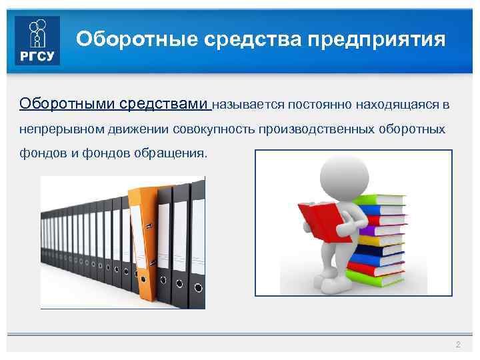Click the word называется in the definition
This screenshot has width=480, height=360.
click(x=249, y=105)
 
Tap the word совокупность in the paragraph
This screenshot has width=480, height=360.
click(x=213, y=128)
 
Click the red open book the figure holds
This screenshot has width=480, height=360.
click(x=319, y=221)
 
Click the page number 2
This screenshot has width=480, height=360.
click(x=457, y=344)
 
